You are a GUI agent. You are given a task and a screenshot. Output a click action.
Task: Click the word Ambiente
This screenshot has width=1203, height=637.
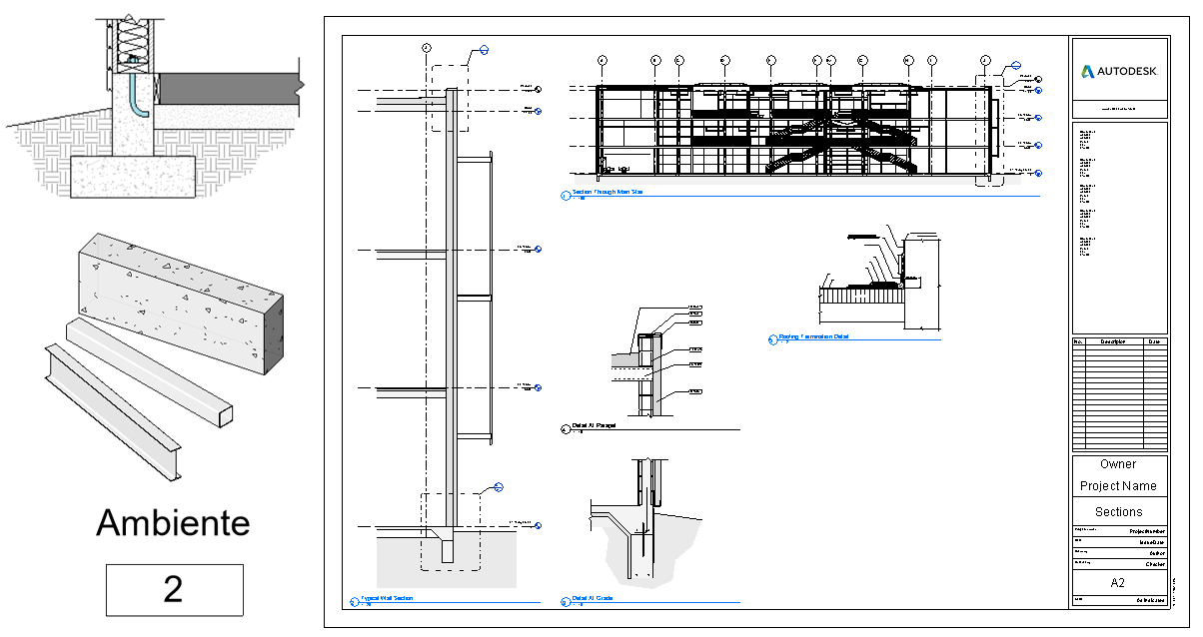pos(173,522)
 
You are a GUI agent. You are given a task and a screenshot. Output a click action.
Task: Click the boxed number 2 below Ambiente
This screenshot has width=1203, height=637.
pos(174,589)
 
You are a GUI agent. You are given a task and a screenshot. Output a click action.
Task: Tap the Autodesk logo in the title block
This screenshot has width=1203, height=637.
pos(1119,72)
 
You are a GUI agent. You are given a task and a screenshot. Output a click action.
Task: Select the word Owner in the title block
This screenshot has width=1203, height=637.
pos(1118,464)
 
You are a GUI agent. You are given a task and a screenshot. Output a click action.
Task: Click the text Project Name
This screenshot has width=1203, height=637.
pos(1118,486)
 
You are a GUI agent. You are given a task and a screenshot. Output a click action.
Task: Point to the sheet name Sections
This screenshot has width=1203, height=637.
pos(1118,511)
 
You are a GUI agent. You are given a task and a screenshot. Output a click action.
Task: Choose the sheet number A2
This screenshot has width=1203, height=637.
pos(1118,582)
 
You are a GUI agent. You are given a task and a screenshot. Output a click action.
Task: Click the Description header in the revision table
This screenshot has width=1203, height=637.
pos(1112,341)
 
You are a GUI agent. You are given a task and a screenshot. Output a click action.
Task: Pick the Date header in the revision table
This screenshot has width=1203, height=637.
pos(1154,341)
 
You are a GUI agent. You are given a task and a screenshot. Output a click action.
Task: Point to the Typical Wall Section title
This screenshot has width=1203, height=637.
pos(388,598)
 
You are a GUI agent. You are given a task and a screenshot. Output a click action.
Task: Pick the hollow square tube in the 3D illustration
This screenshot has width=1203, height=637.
pos(150,371)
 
